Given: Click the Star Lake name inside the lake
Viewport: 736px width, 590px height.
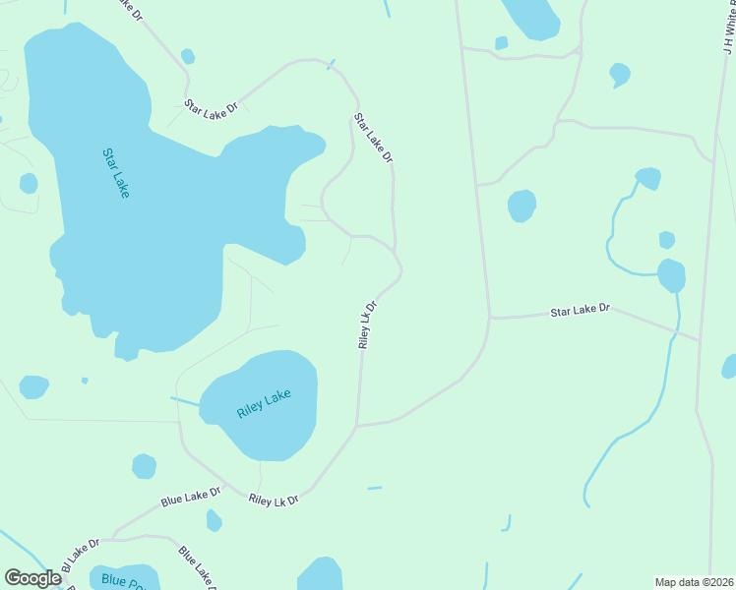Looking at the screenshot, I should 115,173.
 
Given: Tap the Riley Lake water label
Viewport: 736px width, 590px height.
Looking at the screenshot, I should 264,404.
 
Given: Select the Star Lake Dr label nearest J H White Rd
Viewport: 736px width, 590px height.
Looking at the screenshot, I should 580,311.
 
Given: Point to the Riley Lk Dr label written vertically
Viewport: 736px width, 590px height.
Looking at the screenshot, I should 367,325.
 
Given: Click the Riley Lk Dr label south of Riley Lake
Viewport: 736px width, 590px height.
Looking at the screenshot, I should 274,501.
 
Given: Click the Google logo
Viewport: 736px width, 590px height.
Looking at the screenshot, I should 32,578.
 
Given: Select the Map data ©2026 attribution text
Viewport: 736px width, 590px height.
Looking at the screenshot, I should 694,581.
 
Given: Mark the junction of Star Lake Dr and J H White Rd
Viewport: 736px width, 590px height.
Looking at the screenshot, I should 699,340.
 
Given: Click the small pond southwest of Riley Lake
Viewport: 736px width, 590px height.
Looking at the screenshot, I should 144,466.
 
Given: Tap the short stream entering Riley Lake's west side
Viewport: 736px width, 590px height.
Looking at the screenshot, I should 185,401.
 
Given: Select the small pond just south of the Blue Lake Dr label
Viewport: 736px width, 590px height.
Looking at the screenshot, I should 214,520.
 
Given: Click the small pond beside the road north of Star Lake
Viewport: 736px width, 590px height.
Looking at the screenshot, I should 187,56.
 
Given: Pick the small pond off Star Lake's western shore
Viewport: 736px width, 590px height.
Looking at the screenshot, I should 29,183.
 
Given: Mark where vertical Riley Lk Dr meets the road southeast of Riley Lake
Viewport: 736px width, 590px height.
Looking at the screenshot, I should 357,426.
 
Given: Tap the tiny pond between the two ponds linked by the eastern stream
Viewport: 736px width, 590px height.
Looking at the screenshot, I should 666,240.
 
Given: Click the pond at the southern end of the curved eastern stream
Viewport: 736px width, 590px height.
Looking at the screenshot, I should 671,275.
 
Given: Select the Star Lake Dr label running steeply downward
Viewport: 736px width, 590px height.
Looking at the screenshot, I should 373,138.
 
